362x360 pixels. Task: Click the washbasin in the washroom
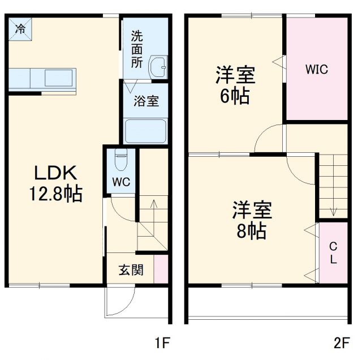click(x=158, y=68)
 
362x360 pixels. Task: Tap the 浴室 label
click(x=146, y=101)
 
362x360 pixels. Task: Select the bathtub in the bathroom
click(x=145, y=131)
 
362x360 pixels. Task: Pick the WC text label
click(x=121, y=182)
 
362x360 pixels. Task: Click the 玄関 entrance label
click(x=131, y=270)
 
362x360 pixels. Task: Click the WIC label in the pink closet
click(x=316, y=70)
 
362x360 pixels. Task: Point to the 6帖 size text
click(x=235, y=96)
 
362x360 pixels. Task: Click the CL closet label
click(x=333, y=253)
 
